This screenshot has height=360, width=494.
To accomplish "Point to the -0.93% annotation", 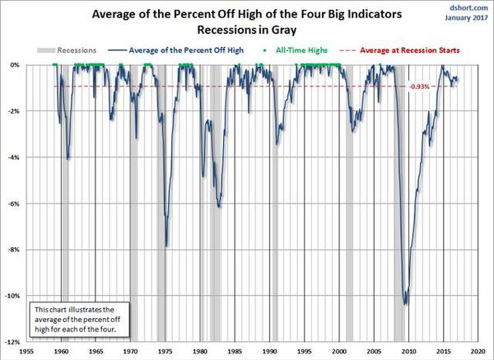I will click(419, 86).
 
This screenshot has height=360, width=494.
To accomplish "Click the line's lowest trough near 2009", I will click(405, 305).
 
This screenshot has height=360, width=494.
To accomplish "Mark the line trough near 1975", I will click(167, 245).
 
